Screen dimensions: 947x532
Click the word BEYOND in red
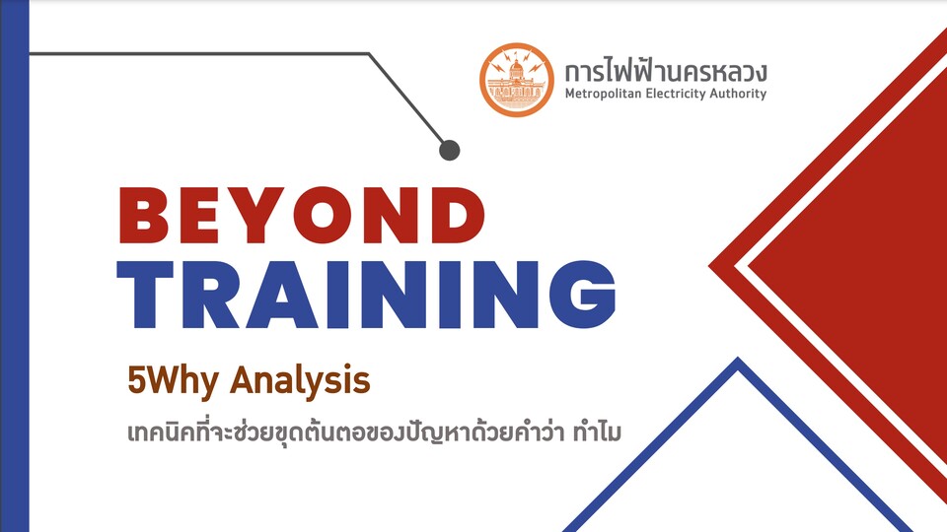[302, 216]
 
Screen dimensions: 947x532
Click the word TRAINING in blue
[366, 295]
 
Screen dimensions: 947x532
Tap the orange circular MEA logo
[516, 80]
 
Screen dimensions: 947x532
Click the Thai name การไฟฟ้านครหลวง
[666, 71]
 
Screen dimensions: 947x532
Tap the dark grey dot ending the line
[450, 150]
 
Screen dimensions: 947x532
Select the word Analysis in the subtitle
[300, 381]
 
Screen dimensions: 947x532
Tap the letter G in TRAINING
[582, 295]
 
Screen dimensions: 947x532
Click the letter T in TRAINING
[145, 295]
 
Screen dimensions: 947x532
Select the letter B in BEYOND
[144, 216]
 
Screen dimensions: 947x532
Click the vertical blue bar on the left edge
[15, 266]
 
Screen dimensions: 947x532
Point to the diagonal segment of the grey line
[406, 99]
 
